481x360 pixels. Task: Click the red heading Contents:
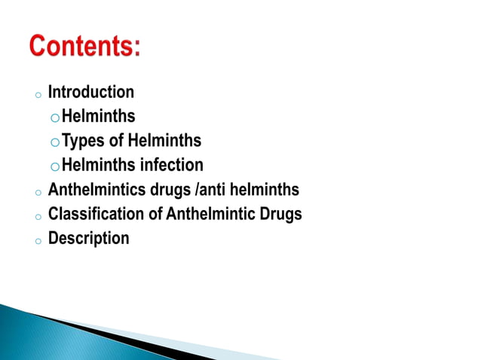(85, 47)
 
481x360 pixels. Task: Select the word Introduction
(91, 93)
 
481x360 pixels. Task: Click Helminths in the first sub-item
(99, 117)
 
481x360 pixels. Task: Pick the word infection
(171, 165)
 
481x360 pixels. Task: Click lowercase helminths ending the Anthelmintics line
(266, 189)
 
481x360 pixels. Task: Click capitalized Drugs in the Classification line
(280, 214)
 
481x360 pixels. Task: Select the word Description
(89, 239)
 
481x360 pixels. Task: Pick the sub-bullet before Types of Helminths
(54, 142)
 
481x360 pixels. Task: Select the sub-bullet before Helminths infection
(54, 166)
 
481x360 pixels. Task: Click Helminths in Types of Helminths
(164, 141)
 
